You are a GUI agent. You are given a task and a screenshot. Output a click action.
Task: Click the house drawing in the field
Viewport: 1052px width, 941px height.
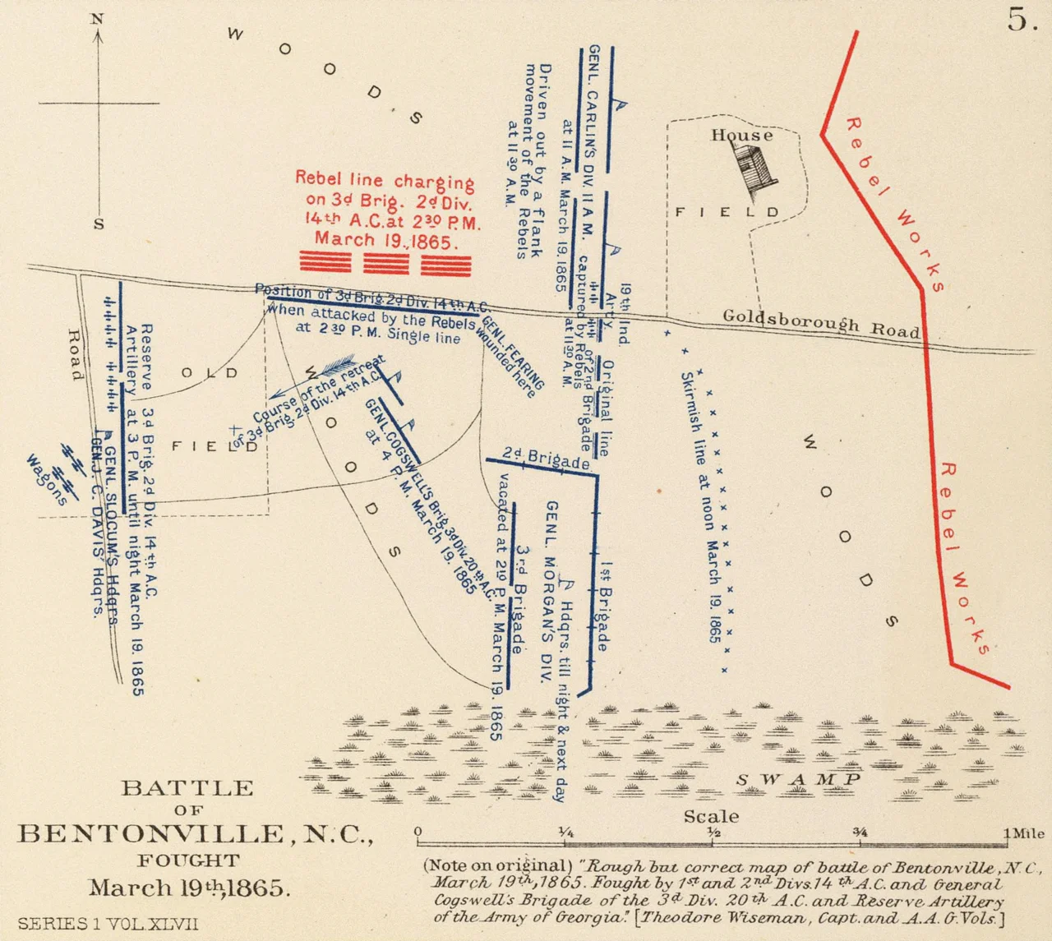[x=749, y=169]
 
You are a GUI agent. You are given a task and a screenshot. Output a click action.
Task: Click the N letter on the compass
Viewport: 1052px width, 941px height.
[x=98, y=19]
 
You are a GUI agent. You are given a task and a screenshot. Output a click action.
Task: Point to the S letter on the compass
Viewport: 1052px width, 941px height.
[x=99, y=224]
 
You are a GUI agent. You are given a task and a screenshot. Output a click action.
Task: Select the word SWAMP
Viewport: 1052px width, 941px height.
[x=798, y=779]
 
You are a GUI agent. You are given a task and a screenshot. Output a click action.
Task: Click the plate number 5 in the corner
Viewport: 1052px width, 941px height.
[x=1022, y=21]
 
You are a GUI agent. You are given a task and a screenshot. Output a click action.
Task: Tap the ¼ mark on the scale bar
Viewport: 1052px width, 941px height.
[x=565, y=833]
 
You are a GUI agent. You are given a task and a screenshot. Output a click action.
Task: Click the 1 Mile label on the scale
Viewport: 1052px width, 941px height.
[x=1024, y=833]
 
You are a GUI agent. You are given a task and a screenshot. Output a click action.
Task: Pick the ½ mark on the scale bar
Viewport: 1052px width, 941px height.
[x=713, y=833]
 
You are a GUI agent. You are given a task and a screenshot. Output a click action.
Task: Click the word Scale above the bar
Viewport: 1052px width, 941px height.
[x=711, y=816]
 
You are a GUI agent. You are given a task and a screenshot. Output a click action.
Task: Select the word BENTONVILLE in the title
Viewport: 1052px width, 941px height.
[x=151, y=834]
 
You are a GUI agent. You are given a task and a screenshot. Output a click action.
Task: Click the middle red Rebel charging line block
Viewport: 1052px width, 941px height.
[x=385, y=263]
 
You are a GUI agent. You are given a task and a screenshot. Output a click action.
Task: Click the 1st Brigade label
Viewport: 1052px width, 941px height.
[x=605, y=607]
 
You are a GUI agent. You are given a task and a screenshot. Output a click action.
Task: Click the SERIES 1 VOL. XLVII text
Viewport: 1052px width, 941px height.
[x=108, y=924]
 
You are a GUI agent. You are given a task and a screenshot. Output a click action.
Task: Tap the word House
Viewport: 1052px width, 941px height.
[x=741, y=136]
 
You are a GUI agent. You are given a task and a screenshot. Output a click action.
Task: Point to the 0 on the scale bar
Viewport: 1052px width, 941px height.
[x=418, y=833]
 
